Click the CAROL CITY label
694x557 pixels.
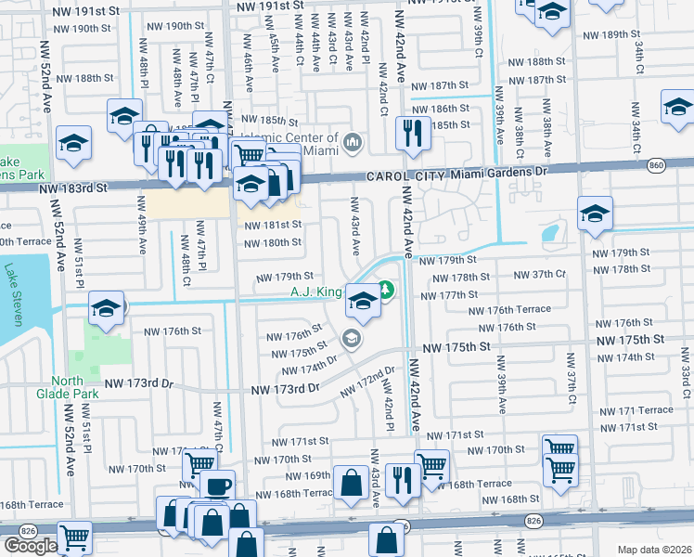click(x=401, y=173)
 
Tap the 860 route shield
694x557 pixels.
click(x=657, y=164)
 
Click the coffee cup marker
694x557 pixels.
click(x=217, y=486)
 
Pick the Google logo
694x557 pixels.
click(x=30, y=546)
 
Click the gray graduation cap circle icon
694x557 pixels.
click(x=352, y=338)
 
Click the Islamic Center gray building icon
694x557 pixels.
click(x=352, y=142)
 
